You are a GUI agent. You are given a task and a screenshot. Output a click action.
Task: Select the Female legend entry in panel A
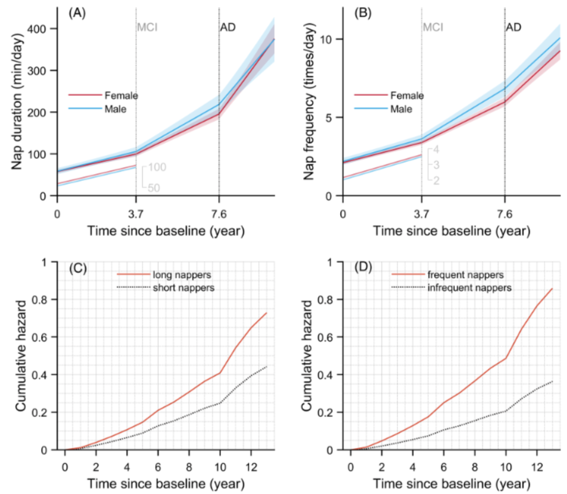point(121,96)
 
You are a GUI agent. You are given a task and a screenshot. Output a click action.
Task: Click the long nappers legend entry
point(174,274)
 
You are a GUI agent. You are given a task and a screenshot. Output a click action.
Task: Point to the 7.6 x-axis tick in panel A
point(219,214)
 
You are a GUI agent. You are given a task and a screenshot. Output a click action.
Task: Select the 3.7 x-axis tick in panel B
point(421,214)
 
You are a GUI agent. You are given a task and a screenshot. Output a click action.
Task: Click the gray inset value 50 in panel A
point(154,187)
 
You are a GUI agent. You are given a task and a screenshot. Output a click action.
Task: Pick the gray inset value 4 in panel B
point(436,150)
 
